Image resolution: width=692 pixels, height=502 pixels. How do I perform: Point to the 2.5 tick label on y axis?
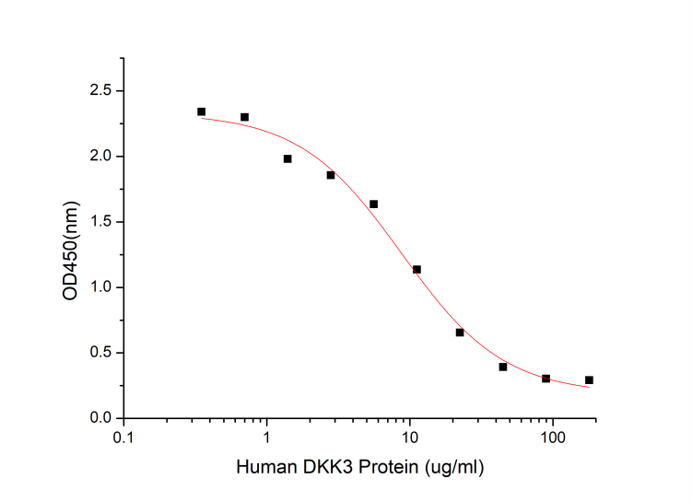[100, 91]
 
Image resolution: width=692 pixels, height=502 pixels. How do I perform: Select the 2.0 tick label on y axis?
[100, 157]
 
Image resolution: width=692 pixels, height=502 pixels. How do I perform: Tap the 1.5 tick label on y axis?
[100, 222]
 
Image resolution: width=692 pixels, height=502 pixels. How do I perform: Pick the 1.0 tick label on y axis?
[100, 287]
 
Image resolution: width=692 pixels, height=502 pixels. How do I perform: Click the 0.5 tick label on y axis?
[100, 353]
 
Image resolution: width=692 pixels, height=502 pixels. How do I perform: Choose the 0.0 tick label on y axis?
[100, 418]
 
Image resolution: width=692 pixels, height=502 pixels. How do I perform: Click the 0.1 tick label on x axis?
[123, 437]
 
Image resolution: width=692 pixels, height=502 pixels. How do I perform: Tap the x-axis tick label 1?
[267, 437]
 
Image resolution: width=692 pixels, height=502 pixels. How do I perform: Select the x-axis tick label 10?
[410, 437]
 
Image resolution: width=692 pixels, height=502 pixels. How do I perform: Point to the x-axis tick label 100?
[553, 437]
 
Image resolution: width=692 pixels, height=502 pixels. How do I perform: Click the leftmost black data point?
[201, 111]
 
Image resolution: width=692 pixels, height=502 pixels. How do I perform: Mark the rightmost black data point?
[589, 379]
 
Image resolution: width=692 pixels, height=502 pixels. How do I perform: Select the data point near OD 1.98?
[287, 158]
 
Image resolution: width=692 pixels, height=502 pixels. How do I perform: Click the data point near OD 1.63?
[373, 204]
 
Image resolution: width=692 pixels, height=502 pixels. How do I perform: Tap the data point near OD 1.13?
[416, 269]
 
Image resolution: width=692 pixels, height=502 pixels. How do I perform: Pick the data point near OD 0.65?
[460, 332]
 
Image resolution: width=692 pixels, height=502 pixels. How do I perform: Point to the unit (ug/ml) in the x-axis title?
[450, 467]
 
